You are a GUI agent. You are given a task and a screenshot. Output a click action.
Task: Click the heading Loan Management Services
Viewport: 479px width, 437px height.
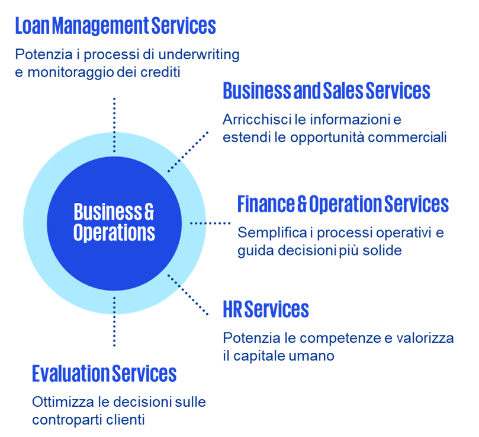[115, 25]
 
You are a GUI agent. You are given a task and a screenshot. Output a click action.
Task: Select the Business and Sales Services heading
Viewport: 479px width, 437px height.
[326, 91]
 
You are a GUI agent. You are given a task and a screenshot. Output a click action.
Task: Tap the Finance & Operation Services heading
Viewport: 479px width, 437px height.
[343, 204]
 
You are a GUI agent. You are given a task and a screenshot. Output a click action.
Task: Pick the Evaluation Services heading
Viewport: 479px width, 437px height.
[104, 374]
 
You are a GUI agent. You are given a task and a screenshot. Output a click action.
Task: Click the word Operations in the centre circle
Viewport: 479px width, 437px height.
[114, 232]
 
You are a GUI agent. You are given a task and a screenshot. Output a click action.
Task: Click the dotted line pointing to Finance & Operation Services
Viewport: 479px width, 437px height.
[210, 224]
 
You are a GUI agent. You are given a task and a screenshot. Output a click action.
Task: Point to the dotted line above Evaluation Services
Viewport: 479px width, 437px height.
[114, 323]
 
